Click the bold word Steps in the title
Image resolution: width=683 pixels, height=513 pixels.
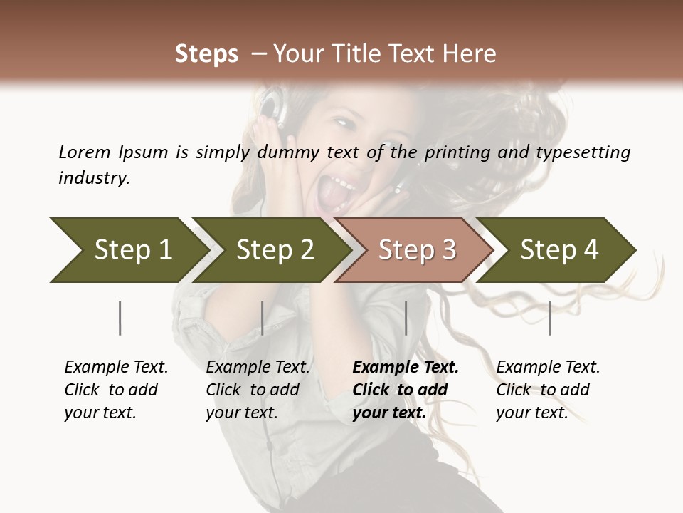tap(206, 54)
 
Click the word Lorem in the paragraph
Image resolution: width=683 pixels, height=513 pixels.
tap(85, 152)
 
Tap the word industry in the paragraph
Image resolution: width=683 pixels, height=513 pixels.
tap(94, 178)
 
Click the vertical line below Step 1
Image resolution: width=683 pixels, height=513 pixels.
tap(120, 318)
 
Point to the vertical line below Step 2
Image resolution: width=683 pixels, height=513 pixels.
tap(263, 318)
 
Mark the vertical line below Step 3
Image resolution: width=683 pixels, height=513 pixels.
tap(406, 318)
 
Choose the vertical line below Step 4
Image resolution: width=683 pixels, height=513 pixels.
tap(549, 318)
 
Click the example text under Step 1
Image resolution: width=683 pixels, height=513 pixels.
tap(116, 390)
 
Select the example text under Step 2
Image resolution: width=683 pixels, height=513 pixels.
tap(258, 390)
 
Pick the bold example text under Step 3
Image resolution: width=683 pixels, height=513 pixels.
tap(405, 390)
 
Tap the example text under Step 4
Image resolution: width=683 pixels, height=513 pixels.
tap(548, 390)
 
